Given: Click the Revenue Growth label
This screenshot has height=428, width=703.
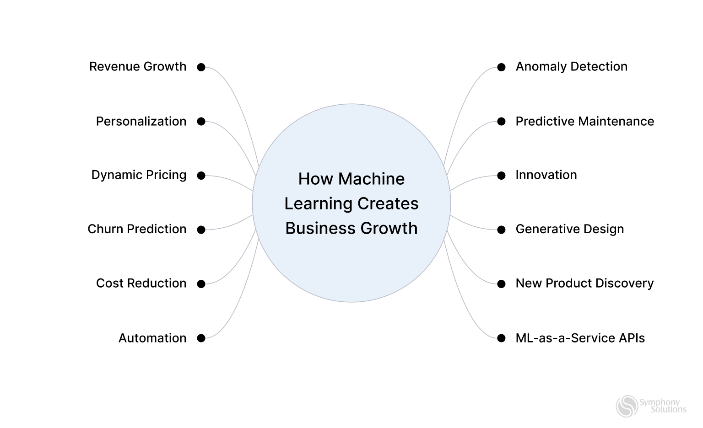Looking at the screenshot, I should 138,67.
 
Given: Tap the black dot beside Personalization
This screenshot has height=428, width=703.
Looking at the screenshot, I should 201,122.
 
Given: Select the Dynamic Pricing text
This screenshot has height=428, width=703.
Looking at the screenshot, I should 139,175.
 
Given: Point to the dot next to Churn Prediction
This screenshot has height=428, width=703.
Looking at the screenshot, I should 201,230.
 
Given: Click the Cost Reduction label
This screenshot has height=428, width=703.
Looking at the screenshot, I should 141,284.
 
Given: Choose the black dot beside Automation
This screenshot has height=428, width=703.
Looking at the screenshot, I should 201,338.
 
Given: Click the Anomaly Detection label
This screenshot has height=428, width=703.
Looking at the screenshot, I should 571,67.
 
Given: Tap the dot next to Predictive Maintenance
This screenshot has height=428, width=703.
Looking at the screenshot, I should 501,122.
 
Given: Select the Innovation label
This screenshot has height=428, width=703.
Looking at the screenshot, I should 546,175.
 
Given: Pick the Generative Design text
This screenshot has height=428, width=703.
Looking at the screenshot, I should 569,229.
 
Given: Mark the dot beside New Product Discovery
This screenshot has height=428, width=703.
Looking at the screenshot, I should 501,284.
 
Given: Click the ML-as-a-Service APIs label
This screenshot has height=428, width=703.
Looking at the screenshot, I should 580,338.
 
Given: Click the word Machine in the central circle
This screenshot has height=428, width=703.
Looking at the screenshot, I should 371,179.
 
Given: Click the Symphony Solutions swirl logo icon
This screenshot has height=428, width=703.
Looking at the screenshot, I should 627,406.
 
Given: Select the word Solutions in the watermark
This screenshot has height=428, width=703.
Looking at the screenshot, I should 668,410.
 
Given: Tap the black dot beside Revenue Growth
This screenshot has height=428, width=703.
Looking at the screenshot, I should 201,67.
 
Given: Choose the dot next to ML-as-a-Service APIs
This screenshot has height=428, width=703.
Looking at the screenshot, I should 501,338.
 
